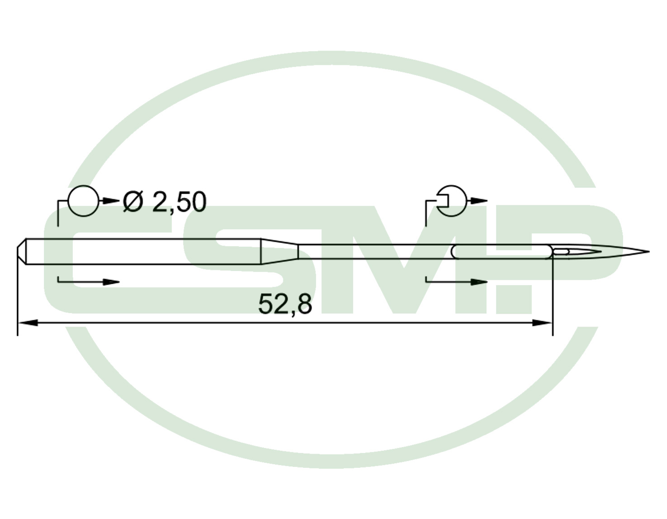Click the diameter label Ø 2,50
165,202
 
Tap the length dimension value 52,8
285,305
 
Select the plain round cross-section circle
84,201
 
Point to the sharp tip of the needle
649,252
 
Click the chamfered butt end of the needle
22,251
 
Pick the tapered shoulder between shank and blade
279,251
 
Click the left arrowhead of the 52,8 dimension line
28,323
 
